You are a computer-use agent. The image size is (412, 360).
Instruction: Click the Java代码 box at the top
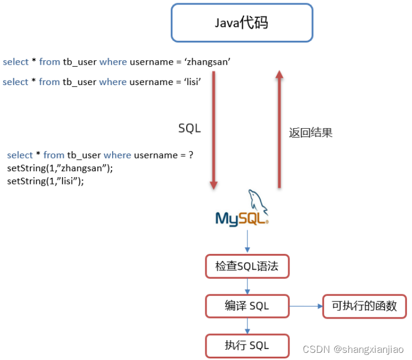click(241, 23)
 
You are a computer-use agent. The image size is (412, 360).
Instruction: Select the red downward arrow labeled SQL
click(213, 130)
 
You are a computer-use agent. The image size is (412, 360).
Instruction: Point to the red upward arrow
click(279, 130)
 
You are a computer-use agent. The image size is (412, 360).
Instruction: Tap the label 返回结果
click(310, 133)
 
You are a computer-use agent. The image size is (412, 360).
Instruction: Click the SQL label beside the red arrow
click(189, 128)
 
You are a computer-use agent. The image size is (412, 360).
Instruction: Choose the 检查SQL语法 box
click(247, 267)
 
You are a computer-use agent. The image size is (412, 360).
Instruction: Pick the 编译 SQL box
click(247, 306)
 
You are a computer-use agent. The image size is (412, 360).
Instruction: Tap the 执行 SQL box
click(247, 346)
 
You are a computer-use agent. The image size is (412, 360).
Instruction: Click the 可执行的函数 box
click(364, 306)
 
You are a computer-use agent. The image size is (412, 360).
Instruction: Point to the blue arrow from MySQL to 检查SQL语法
click(247, 241)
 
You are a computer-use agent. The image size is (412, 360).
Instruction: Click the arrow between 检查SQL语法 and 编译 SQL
click(247, 286)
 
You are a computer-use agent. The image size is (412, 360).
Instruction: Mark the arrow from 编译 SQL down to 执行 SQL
click(247, 326)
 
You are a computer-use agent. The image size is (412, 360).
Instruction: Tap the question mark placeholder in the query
click(191, 155)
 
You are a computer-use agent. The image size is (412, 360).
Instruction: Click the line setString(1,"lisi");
click(46, 181)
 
